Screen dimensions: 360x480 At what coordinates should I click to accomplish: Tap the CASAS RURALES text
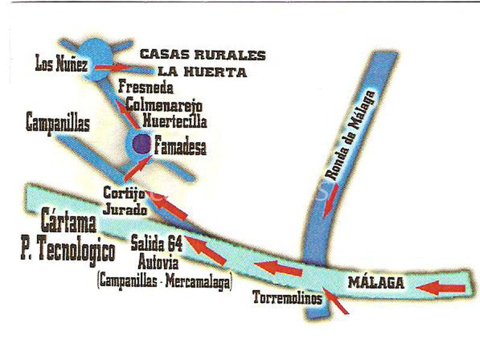point(203,55)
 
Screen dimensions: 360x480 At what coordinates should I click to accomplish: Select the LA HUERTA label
point(203,73)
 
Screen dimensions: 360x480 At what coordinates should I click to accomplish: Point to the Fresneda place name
point(146,88)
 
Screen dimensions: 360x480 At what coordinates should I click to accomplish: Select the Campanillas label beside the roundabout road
point(58,124)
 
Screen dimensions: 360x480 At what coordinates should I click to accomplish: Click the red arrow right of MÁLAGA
point(441,288)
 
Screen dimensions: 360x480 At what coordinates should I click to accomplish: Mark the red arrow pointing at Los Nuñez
point(112,67)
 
